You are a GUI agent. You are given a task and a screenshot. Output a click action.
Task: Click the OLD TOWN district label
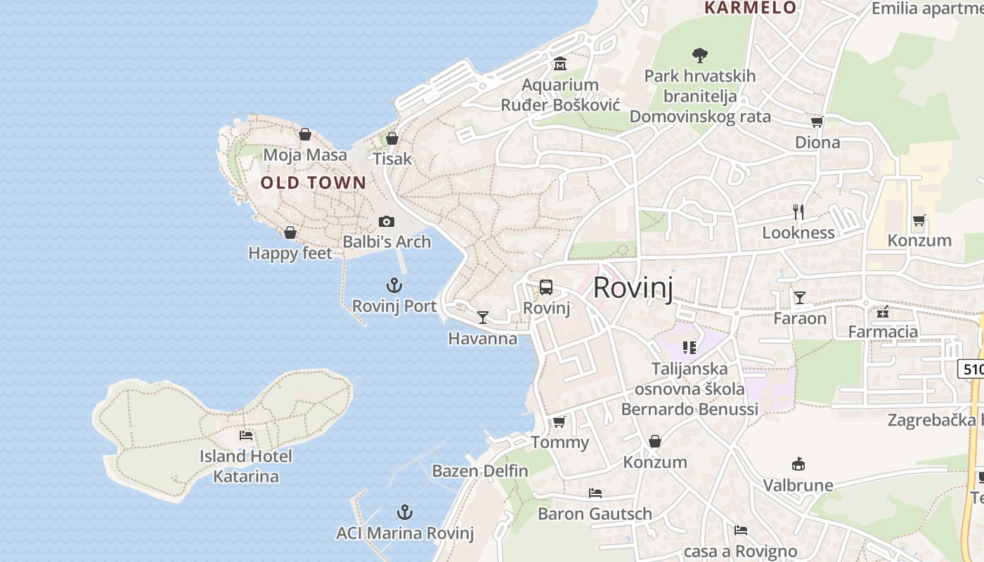[313, 183]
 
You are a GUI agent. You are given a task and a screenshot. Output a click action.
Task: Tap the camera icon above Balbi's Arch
[387, 222]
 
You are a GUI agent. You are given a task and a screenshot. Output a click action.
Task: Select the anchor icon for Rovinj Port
[394, 285]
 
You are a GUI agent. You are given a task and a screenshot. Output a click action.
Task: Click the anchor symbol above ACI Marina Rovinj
[405, 512]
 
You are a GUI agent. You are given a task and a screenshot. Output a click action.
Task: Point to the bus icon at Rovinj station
[546, 287]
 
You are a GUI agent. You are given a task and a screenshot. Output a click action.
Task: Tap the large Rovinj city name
[633, 288]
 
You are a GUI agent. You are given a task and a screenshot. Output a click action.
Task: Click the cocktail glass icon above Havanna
[483, 318]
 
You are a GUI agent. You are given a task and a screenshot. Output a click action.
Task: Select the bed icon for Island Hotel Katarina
[246, 436]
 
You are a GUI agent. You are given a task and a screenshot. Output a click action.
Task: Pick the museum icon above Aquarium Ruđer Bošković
[560, 64]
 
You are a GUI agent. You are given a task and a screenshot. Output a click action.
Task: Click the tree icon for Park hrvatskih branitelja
[699, 55]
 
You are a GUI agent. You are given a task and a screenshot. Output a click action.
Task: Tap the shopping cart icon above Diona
[817, 122]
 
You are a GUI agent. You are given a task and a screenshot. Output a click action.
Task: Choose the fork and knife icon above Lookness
[798, 211]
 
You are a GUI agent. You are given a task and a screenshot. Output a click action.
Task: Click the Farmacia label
[883, 332]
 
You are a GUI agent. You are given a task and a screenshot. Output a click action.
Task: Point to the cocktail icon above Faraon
[800, 297]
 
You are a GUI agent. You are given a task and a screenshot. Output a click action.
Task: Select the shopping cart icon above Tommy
[559, 421]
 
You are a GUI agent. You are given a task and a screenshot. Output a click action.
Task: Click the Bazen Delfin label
[480, 471]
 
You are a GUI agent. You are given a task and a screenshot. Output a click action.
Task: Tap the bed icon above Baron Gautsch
[595, 492]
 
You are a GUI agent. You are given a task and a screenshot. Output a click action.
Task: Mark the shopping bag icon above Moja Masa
[305, 133]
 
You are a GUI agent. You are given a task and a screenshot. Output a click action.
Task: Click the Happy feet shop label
[290, 253]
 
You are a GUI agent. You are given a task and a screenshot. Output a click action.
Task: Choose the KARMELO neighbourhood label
[751, 8]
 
